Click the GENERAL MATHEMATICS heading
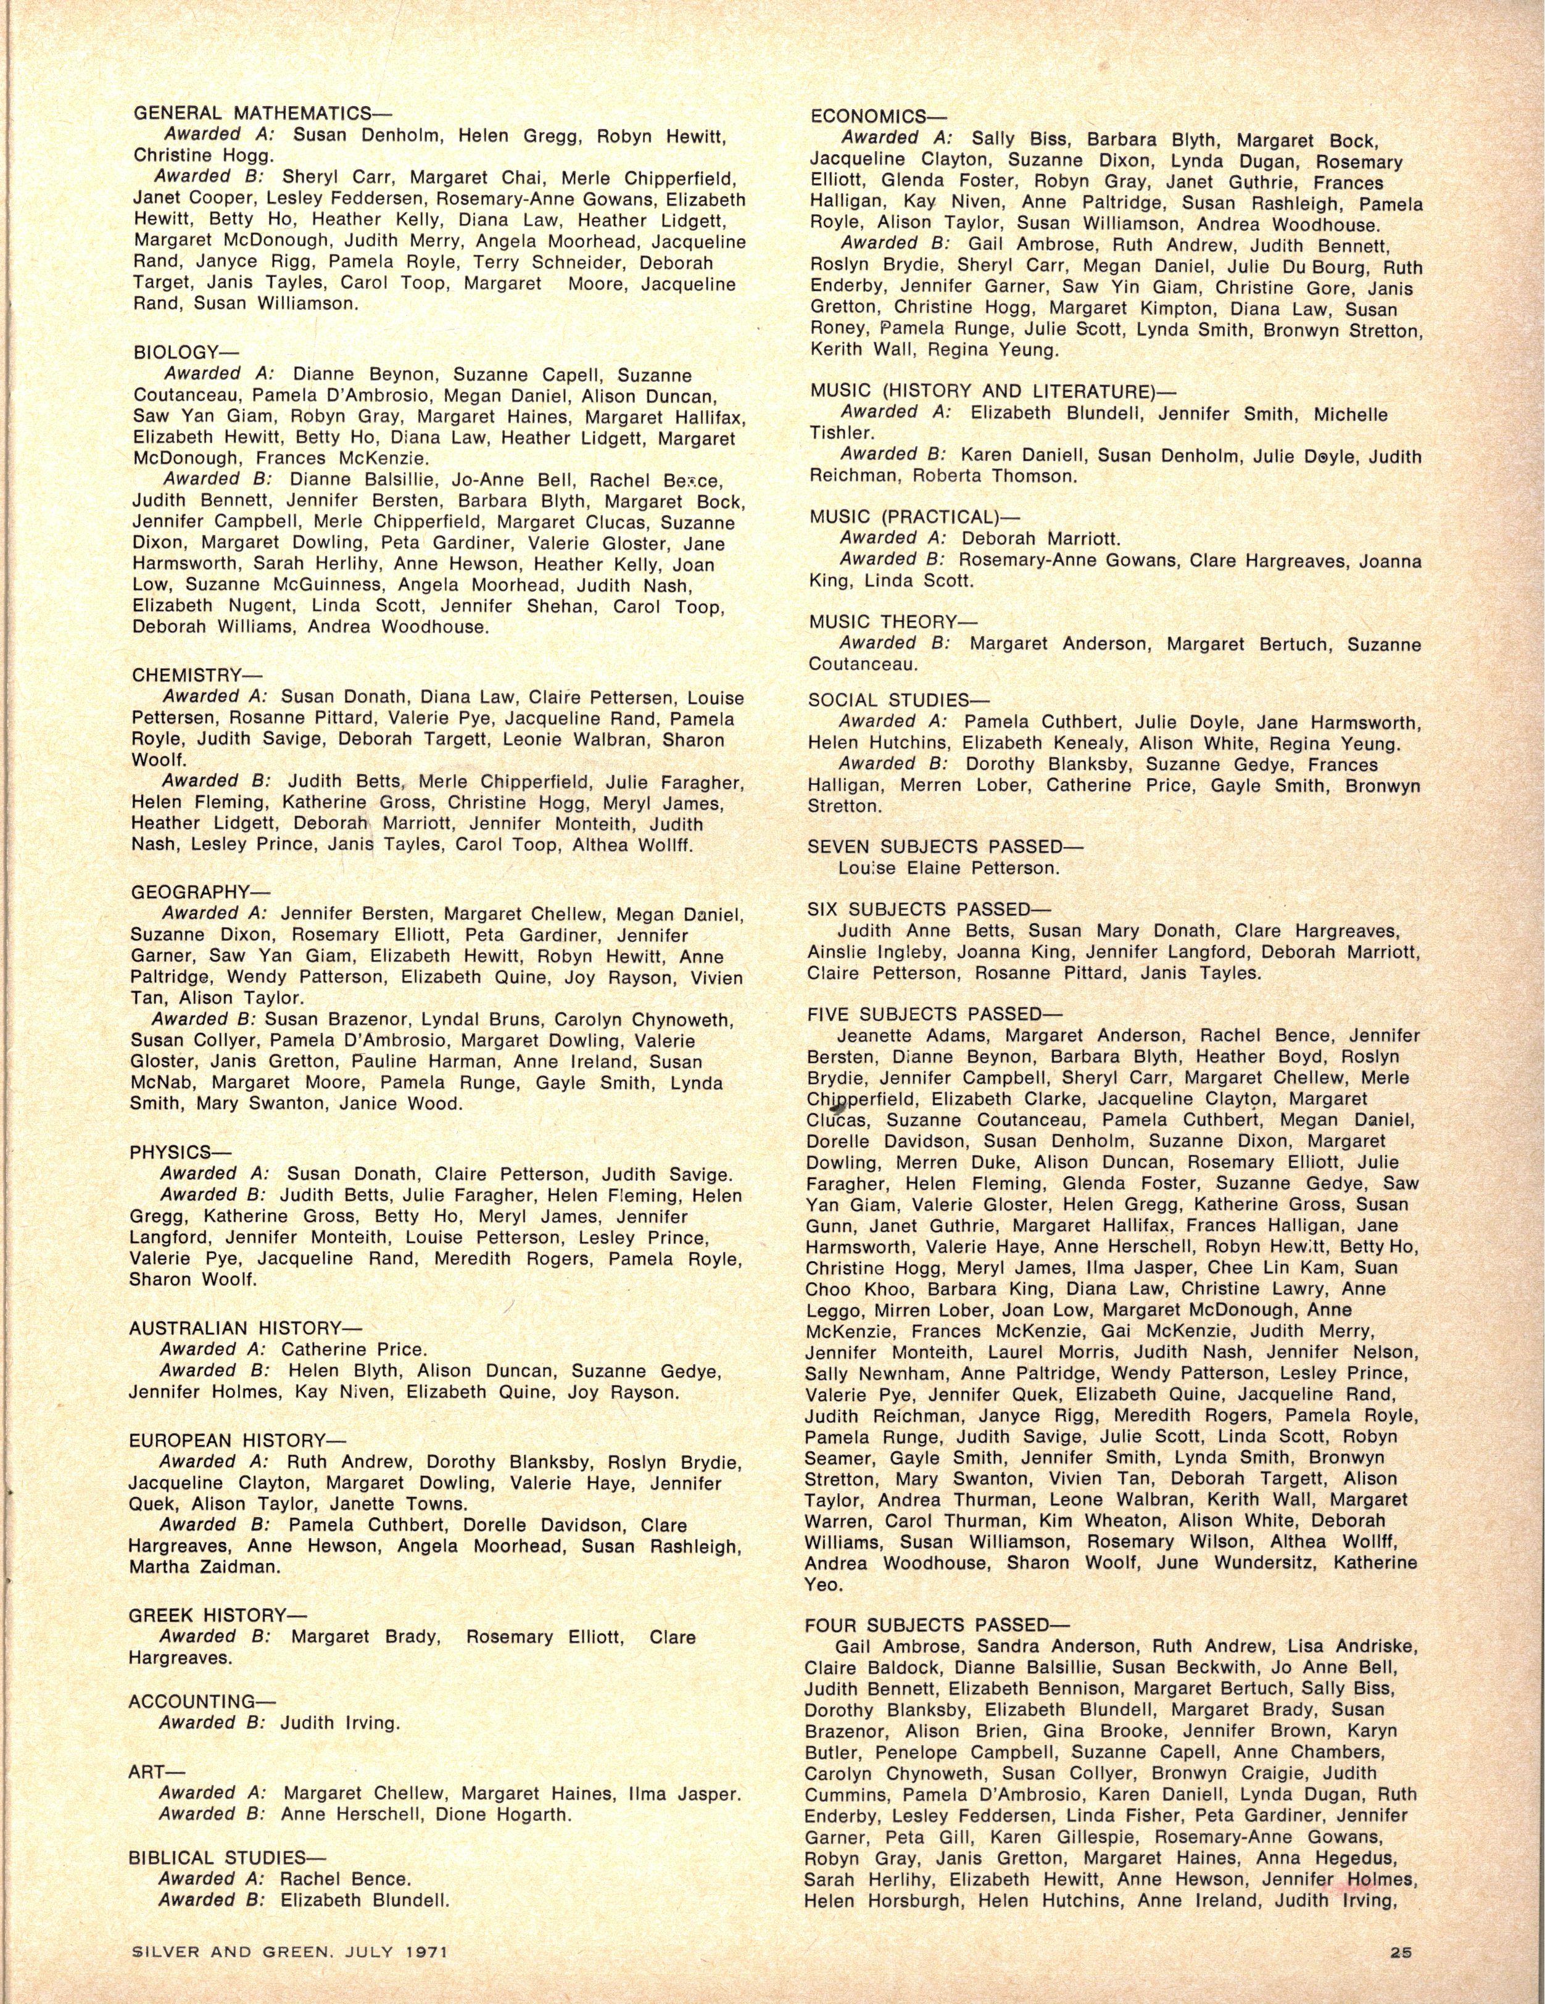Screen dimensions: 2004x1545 coord(262,114)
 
